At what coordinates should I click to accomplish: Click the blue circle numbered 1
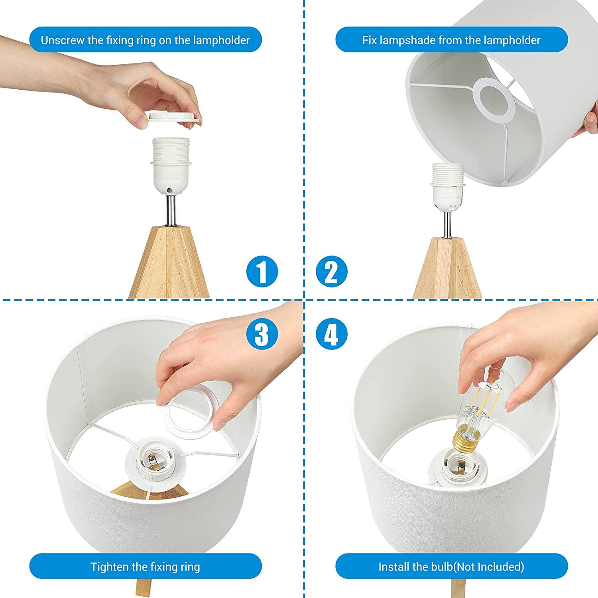262,271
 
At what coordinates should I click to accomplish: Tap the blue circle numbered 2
331,271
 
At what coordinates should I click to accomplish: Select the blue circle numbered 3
262,334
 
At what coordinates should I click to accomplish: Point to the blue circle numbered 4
331,334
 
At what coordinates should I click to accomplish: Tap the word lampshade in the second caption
407,40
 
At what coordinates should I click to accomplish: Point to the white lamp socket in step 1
171,166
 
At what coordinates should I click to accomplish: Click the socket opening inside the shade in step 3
154,463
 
